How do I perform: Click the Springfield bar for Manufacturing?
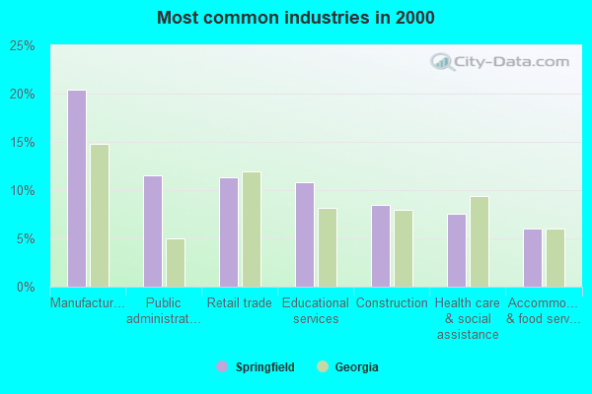[77, 188]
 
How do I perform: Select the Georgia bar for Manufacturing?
[100, 216]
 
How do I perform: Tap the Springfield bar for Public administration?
[153, 231]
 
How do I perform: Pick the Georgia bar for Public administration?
[176, 263]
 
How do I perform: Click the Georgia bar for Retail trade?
[252, 230]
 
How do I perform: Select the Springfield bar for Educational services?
[305, 234]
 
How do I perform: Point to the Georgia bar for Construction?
[404, 248]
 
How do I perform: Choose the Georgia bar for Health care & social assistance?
[480, 241]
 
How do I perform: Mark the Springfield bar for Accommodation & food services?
[533, 258]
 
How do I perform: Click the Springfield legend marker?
[222, 367]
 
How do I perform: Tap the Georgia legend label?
[356, 367]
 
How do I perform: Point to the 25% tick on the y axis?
[23, 46]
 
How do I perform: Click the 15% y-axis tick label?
[23, 143]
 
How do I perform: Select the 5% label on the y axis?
[26, 239]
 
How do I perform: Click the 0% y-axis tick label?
[26, 288]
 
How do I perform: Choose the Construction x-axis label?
[392, 303]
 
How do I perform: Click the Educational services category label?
[316, 311]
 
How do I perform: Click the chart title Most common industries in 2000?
[295, 18]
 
